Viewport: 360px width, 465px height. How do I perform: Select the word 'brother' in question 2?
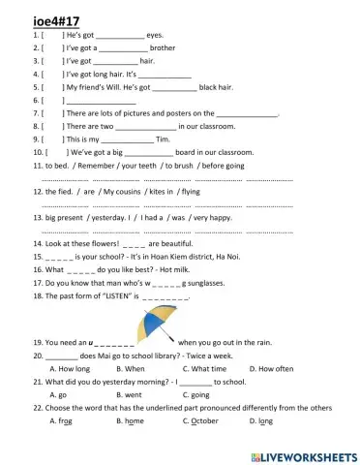click(163, 46)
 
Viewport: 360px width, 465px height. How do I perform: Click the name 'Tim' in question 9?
click(163, 139)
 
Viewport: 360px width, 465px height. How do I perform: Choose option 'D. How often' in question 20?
click(271, 369)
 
